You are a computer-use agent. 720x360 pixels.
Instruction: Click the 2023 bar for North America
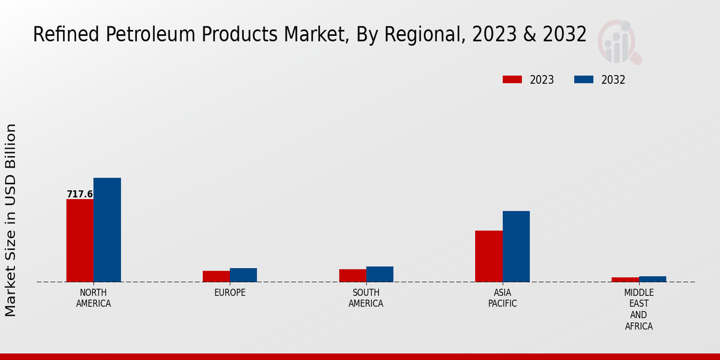80,240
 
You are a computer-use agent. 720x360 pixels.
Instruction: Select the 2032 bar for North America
107,230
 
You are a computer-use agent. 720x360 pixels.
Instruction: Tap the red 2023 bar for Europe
216,276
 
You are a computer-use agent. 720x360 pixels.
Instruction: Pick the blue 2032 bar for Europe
243,275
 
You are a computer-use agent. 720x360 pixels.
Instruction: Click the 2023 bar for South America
352,275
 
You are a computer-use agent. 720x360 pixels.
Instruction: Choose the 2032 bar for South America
380,274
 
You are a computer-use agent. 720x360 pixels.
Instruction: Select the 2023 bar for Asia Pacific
488,256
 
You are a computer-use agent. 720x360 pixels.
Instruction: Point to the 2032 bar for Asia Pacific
516,246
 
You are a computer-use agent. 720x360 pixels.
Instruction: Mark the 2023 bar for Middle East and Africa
625,280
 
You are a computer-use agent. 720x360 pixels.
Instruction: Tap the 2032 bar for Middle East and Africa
652,279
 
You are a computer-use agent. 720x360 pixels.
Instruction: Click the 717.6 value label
80,194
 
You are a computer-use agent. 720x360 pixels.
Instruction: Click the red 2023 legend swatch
512,80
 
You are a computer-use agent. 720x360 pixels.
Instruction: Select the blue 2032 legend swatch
584,80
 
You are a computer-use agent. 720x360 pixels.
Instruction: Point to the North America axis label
94,298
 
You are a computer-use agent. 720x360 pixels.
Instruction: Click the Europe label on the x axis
230,293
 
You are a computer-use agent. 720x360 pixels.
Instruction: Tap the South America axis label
366,298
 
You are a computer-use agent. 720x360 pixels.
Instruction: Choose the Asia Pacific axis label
503,298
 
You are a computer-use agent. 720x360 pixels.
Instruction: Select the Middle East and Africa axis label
639,310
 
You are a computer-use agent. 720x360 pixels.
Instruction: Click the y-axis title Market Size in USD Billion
11,220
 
